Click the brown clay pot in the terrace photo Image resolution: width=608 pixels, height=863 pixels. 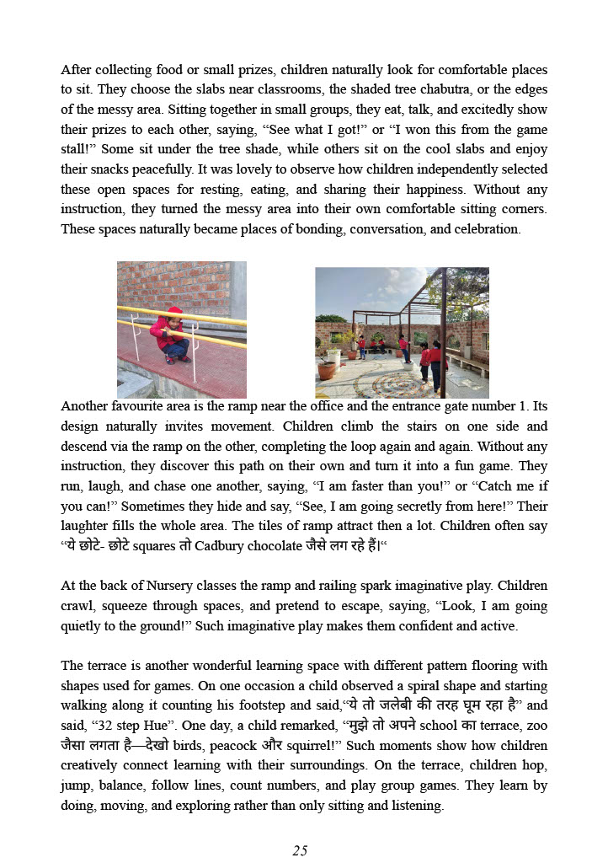click(x=327, y=370)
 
